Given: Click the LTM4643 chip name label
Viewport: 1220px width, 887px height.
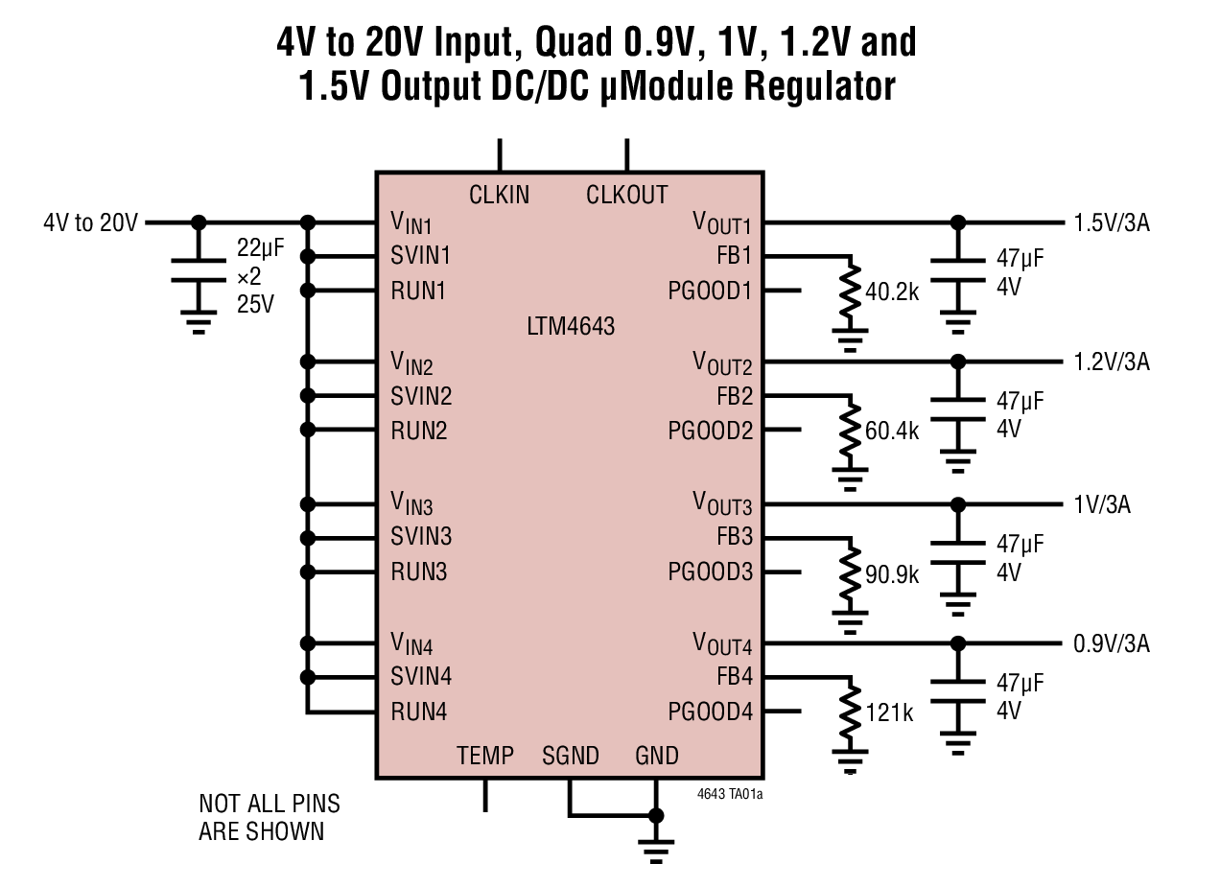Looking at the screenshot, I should pos(571,326).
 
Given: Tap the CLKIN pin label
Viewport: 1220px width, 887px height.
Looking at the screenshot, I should pos(499,195).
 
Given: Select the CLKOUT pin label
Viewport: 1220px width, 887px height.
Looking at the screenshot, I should pos(626,195).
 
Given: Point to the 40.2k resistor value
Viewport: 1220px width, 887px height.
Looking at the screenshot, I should pos(892,292).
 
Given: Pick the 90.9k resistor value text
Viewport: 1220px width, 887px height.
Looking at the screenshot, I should pos(892,574).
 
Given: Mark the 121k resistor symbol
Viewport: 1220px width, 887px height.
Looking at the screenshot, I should pos(850,715).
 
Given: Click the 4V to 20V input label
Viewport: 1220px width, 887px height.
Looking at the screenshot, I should pos(91,223).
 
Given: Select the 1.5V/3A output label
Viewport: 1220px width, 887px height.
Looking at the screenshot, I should pos(1112,223).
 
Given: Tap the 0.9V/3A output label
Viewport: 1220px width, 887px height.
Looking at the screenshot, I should pos(1112,643).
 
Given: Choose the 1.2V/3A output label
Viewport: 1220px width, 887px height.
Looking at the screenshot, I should pos(1112,362).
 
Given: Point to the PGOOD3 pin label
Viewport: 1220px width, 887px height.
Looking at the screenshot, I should pos(710,572).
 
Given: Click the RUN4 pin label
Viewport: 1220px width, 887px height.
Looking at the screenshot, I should pos(419,712).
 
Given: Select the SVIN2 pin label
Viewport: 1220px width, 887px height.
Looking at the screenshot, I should pos(421,396).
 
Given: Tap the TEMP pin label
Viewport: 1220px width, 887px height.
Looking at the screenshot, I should pos(484,756).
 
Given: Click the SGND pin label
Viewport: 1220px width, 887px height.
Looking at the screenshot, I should pos(570,756).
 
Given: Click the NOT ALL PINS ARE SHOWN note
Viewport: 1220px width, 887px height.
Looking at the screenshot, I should pos(269,817).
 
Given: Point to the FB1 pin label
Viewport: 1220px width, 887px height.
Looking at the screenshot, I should pos(735,256).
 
